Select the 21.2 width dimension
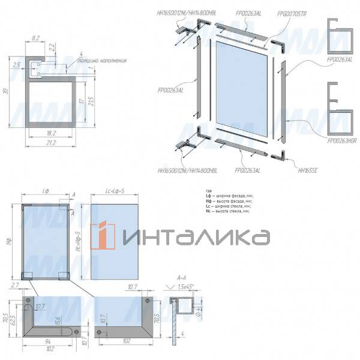pyautogui.click(x=50, y=143)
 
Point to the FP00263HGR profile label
pyautogui.click(x=341, y=140)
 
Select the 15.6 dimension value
pyautogui.click(x=58, y=323)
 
